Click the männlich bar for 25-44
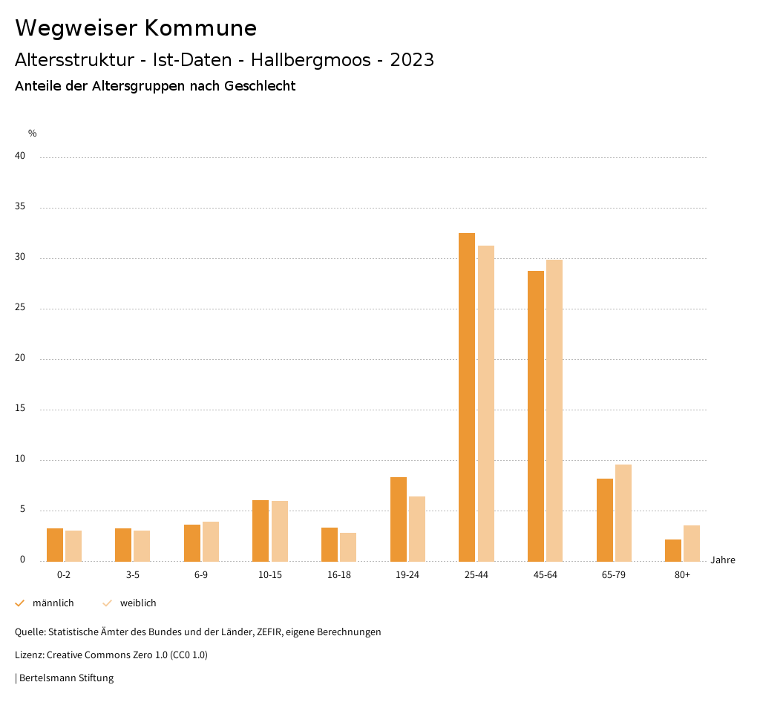467,397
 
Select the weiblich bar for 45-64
554,410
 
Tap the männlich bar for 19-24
399,519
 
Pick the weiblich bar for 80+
692,543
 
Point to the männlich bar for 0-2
55,545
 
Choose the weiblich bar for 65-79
623,513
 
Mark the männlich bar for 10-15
261,531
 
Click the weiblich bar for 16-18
348,547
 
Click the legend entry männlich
53,603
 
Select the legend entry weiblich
138,603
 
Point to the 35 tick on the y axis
20,207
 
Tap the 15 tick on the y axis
20,409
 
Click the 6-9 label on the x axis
201,575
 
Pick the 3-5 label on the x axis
133,575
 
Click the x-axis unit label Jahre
722,560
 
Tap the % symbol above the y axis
32,134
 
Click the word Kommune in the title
200,28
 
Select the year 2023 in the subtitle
412,60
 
